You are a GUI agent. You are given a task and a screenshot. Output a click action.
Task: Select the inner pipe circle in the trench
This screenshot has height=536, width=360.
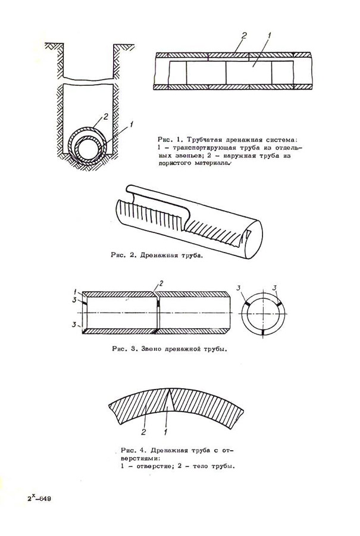tap(88, 147)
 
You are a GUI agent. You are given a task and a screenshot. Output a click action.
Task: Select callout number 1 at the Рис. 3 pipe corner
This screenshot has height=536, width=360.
tap(77, 291)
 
